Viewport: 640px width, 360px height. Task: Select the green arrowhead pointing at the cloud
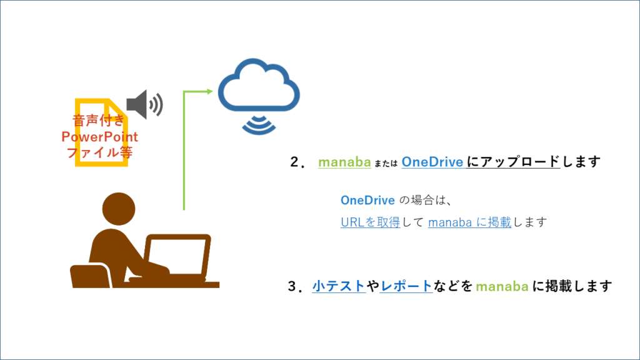(x=209, y=92)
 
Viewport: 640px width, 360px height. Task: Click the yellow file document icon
(x=100, y=132)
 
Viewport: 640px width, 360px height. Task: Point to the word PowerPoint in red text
(x=100, y=137)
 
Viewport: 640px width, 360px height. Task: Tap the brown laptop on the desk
(x=177, y=258)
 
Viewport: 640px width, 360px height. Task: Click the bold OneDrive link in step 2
(x=432, y=162)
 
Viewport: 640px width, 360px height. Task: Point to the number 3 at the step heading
(x=292, y=287)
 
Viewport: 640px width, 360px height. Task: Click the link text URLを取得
(x=370, y=222)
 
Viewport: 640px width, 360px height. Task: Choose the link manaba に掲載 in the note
(x=469, y=222)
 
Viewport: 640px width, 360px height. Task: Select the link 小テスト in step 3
(x=339, y=287)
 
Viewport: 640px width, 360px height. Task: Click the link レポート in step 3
(x=406, y=287)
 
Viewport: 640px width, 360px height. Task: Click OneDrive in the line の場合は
(x=367, y=201)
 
